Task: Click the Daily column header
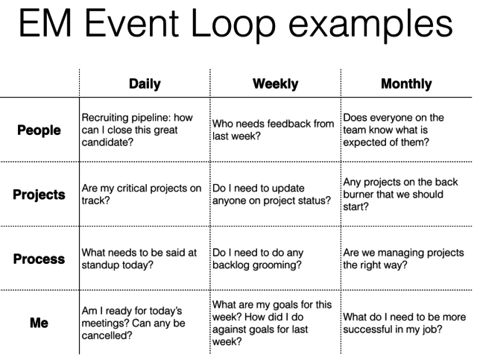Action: [145, 84]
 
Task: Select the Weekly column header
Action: [275, 84]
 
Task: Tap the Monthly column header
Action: [406, 84]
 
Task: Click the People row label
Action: [39, 130]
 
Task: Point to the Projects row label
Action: [39, 195]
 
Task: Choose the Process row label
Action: [39, 259]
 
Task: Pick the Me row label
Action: [39, 323]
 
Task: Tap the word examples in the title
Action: [370, 25]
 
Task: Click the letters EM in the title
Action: [45, 23]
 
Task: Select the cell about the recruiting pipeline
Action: [137, 130]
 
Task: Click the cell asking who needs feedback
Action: [273, 130]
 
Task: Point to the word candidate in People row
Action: [107, 142]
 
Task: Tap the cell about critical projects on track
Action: [142, 194]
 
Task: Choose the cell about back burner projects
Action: [400, 194]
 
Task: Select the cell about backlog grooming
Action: [258, 259]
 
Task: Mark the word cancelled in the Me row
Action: [107, 335]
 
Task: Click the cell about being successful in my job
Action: [405, 323]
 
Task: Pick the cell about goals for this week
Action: [272, 323]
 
